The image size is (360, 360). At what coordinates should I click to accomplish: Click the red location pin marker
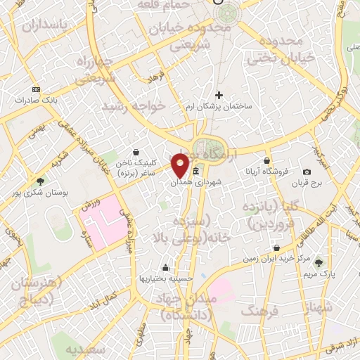point(181,165)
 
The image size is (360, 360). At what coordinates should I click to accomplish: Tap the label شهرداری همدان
point(196,182)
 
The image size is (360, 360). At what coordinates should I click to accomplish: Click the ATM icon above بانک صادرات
point(37,89)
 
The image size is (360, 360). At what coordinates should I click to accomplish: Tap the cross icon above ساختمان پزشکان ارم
point(219,95)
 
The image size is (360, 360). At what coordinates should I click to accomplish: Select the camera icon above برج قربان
point(307,172)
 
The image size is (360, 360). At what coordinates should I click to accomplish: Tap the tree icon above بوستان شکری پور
point(41,181)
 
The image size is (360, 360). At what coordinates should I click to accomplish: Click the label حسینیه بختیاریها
point(166,278)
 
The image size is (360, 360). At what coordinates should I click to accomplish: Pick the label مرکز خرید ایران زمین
point(278,259)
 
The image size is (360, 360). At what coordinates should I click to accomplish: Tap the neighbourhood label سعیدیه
point(86,349)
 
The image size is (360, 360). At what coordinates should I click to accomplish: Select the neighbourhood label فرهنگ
point(258,309)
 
